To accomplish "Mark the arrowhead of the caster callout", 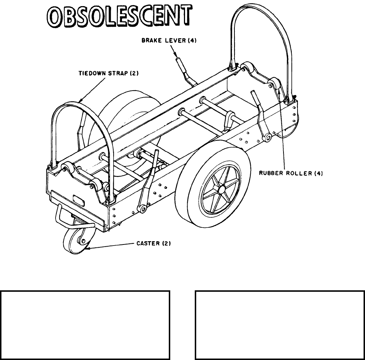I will pyautogui.click(x=88, y=249).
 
